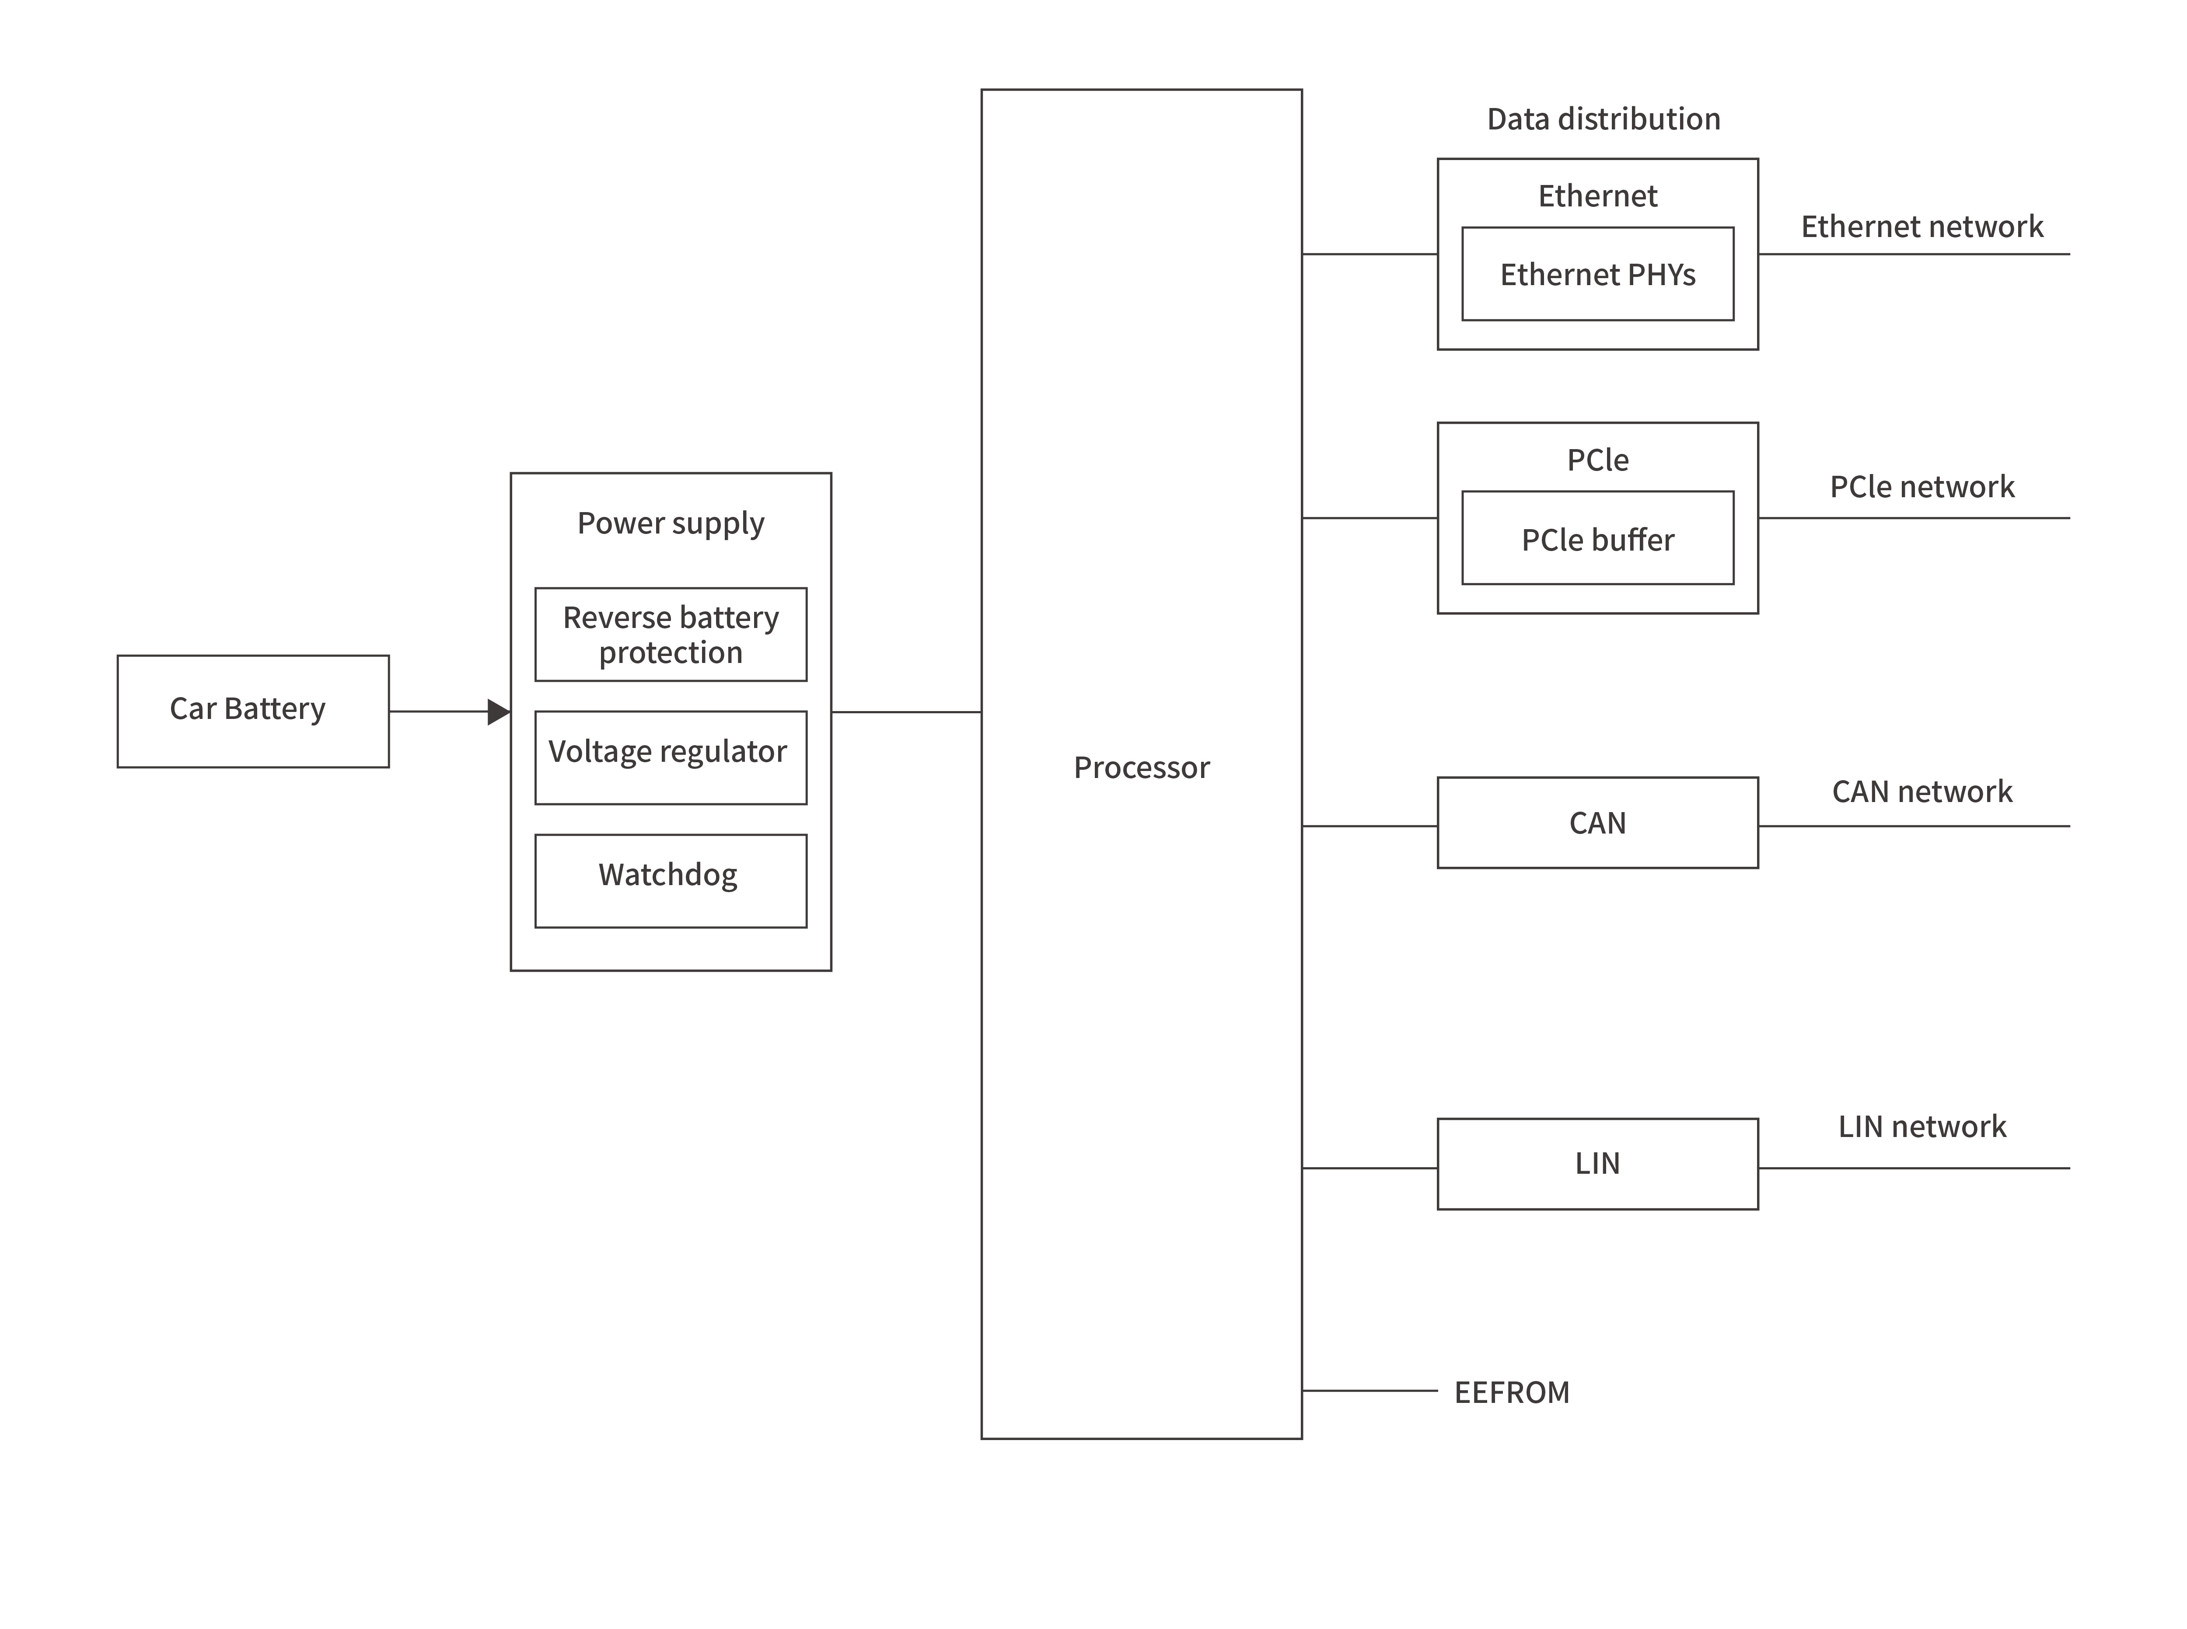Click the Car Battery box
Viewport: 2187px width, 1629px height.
click(x=252, y=711)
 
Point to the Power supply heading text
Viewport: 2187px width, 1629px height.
click(x=671, y=523)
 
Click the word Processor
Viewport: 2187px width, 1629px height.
click(x=1141, y=767)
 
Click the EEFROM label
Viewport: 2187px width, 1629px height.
click(x=1512, y=1392)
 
